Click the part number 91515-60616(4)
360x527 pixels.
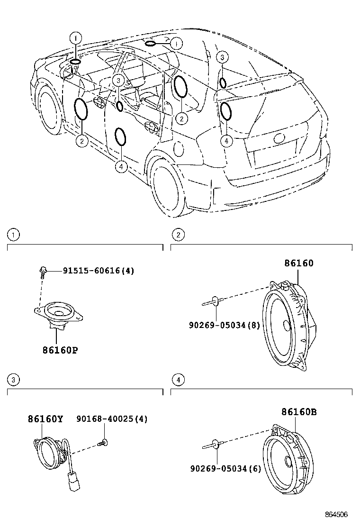pos(99,271)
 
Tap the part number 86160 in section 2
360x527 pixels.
pos(299,263)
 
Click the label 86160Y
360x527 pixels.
pos(45,419)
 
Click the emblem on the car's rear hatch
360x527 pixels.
pos(279,138)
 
